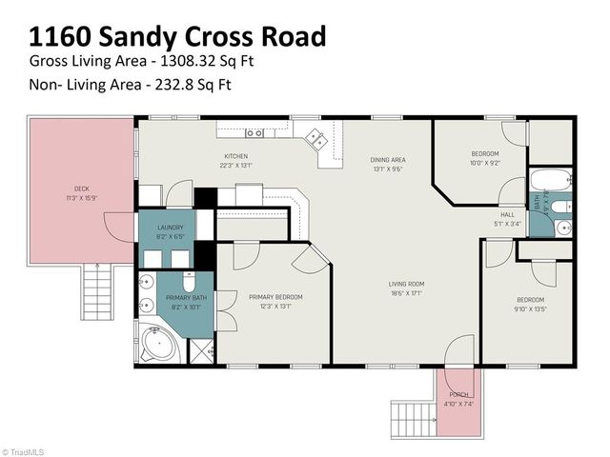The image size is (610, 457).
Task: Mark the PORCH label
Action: coord(458,398)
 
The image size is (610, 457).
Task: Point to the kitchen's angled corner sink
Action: coord(316,141)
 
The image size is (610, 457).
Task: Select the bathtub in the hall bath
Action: coord(550,180)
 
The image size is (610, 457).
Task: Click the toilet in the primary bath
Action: coord(188,283)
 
